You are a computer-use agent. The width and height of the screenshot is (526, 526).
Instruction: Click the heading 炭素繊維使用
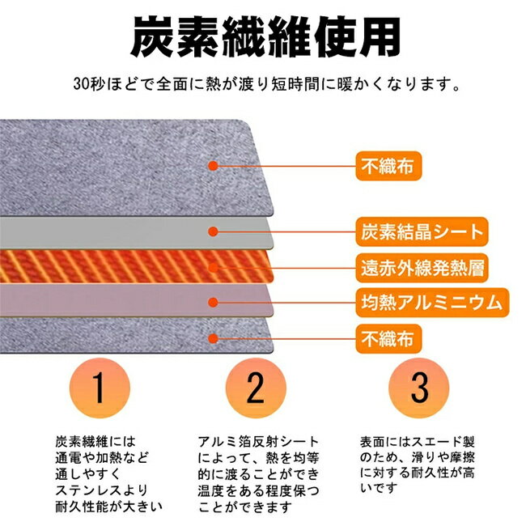265,37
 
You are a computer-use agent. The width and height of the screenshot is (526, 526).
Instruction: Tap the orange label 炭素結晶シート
422,231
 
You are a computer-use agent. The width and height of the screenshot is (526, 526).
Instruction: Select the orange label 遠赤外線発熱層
422,268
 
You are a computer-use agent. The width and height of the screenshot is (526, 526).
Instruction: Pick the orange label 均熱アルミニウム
432,303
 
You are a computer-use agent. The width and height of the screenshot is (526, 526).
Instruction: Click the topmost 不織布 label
388,166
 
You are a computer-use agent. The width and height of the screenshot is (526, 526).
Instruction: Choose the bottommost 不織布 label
388,339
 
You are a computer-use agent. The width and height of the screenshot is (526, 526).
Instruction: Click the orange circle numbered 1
100,388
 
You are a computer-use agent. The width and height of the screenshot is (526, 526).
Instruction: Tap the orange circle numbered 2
256,388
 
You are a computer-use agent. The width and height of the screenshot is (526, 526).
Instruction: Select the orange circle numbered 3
419,388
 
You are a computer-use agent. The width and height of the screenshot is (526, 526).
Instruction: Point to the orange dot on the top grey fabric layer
213,166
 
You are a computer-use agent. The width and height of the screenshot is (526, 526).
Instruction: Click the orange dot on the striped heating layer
213,268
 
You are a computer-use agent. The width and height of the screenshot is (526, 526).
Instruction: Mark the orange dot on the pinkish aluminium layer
213,303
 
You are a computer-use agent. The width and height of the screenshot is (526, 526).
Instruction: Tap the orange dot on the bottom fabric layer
213,338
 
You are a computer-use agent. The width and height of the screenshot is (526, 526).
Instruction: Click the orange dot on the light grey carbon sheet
213,231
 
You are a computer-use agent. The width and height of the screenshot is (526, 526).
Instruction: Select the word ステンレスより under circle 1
102,490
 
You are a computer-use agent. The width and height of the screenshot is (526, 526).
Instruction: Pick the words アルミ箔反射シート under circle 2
258,442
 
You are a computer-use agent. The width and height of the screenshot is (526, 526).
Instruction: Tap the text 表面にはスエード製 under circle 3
418,442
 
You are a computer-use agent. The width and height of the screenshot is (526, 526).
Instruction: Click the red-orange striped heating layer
134,266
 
